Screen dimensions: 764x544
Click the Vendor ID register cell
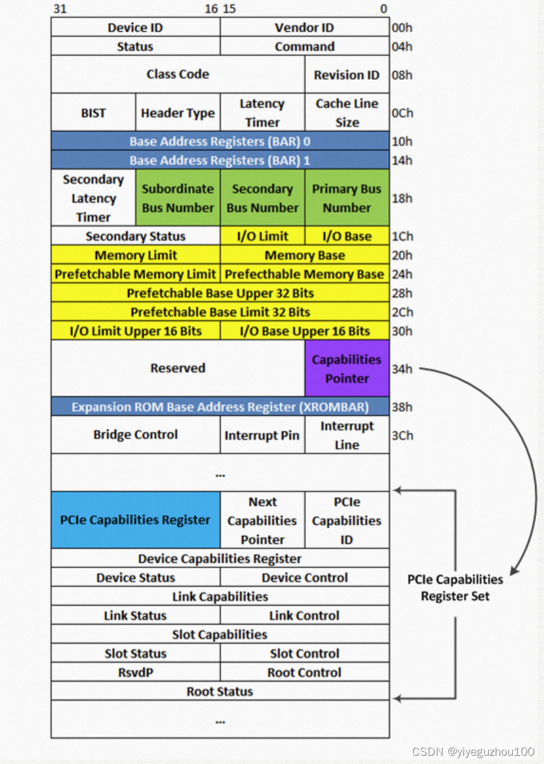pos(304,28)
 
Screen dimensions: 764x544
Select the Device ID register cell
pos(135,28)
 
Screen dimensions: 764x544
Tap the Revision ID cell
pos(347,75)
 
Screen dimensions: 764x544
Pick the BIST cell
pos(93,113)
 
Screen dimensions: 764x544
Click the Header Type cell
pos(178,113)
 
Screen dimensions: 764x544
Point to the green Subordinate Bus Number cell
pos(178,198)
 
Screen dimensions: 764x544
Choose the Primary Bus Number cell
pos(347,198)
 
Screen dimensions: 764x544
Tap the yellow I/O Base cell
pos(347,236)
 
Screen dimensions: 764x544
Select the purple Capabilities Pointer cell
pos(347,369)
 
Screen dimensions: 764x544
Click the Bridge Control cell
pos(135,435)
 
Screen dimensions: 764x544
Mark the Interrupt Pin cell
pos(262,435)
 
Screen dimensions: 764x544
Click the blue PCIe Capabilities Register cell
pos(135,520)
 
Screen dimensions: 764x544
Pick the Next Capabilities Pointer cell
pos(262,520)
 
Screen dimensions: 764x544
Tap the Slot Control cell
pos(304,653)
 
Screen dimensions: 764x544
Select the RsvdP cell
pos(135,672)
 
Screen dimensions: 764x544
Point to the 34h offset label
pos(402,369)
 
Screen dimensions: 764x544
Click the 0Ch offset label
pos(402,113)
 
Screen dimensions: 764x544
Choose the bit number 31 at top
pos(60,9)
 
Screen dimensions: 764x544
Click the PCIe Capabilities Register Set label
pos(455,587)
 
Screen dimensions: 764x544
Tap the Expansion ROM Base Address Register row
pos(220,407)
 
